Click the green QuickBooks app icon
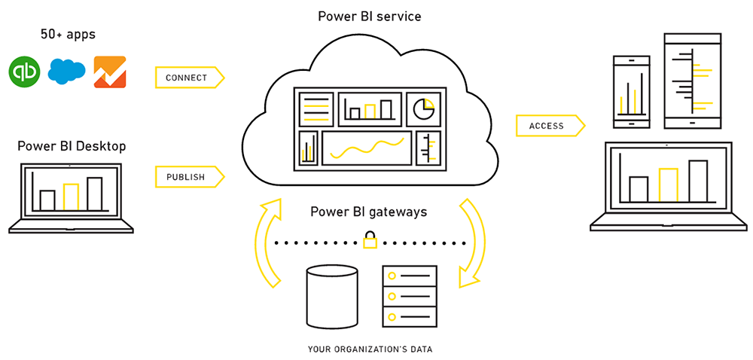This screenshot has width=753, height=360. pyautogui.click(x=25, y=72)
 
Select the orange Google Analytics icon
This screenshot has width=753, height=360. pyautogui.click(x=109, y=72)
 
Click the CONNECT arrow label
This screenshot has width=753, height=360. pyautogui.click(x=188, y=78)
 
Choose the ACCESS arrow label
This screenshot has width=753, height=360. pyautogui.click(x=549, y=126)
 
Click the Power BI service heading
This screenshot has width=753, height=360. pyautogui.click(x=369, y=15)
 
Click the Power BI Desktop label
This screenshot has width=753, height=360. pyautogui.click(x=72, y=146)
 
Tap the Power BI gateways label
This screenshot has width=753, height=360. pyautogui.click(x=369, y=212)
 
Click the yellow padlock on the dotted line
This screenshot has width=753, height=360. pyautogui.click(x=370, y=241)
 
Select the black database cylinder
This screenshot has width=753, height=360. pyautogui.click(x=332, y=297)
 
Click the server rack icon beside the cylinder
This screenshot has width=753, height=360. pyautogui.click(x=409, y=295)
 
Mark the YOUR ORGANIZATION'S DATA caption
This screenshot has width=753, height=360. pyautogui.click(x=370, y=349)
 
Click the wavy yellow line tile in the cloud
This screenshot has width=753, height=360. pyautogui.click(x=367, y=148)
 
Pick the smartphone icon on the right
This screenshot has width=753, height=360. pyautogui.click(x=633, y=90)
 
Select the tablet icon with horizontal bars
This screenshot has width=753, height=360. pyautogui.click(x=688, y=80)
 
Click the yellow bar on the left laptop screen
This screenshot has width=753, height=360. pyautogui.click(x=71, y=197)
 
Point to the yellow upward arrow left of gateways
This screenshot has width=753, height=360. pyautogui.click(x=268, y=241)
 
